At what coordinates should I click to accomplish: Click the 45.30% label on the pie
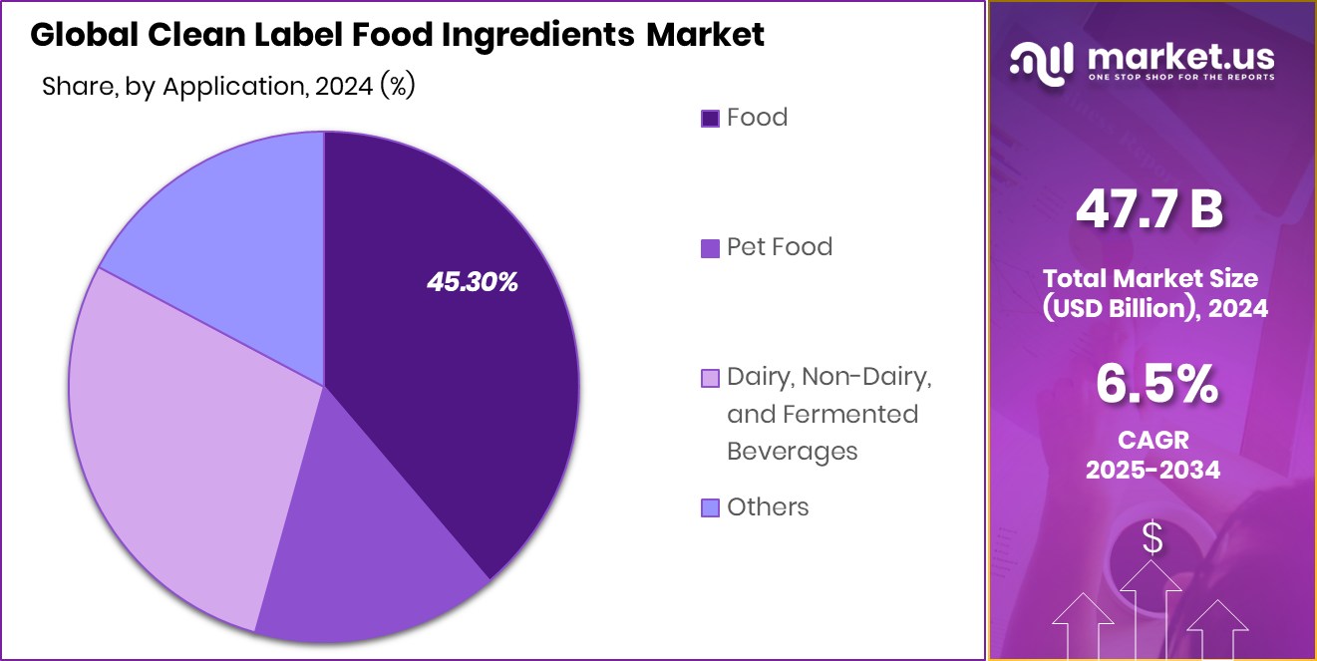(x=473, y=283)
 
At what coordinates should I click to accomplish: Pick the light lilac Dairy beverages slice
(x=179, y=439)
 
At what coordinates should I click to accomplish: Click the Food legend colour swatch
(x=710, y=119)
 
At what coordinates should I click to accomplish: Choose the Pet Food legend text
(x=779, y=246)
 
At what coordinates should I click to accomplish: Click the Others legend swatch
(x=710, y=508)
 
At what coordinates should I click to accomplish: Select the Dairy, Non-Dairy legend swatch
(x=710, y=378)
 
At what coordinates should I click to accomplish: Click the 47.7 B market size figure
(x=1149, y=211)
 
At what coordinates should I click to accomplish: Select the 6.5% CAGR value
(x=1155, y=384)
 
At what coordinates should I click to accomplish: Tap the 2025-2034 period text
(x=1152, y=470)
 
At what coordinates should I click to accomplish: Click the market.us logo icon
(x=1041, y=61)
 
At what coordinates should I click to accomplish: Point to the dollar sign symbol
(x=1152, y=538)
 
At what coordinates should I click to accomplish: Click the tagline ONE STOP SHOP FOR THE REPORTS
(x=1180, y=77)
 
